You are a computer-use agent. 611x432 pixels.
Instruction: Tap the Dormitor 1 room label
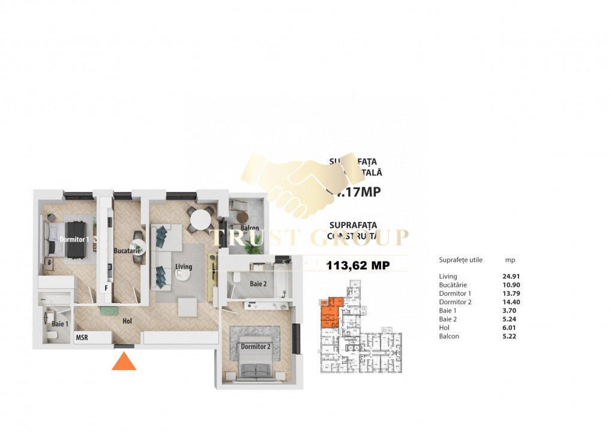click(x=74, y=239)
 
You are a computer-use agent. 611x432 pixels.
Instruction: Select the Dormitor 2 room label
click(x=256, y=347)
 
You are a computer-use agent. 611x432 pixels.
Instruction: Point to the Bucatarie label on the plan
click(x=127, y=251)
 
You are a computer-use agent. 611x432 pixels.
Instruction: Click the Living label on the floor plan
click(x=184, y=267)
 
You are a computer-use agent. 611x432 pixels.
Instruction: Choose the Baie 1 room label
click(x=60, y=324)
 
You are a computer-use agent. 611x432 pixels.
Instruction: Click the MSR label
click(x=82, y=338)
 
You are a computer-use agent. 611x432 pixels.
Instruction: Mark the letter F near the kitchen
click(x=106, y=287)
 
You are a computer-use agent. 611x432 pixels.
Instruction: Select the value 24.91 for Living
click(x=511, y=277)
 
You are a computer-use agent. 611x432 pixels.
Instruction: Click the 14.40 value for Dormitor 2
click(x=511, y=302)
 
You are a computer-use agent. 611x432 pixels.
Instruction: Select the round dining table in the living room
click(x=201, y=220)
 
